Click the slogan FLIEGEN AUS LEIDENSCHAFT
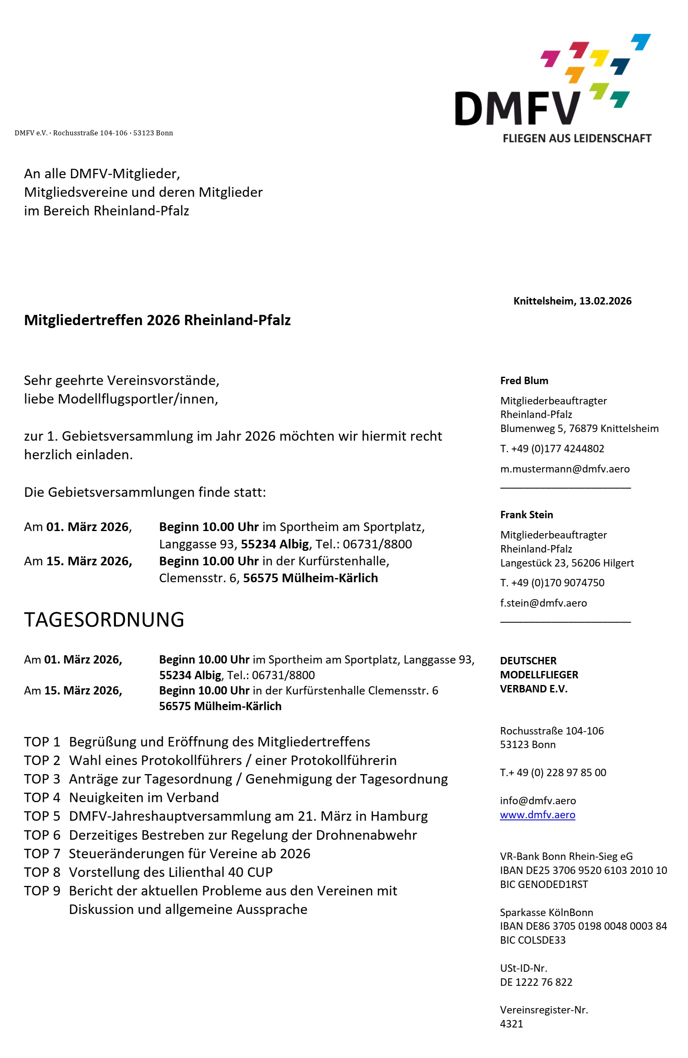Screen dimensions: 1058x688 click(x=577, y=138)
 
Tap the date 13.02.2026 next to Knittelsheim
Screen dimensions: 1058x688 click(x=605, y=301)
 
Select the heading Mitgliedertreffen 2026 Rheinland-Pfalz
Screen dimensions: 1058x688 click(x=157, y=320)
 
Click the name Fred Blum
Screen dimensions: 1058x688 click(x=524, y=380)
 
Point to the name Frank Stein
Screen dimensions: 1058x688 click(x=526, y=515)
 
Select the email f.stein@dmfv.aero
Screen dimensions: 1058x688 click(x=543, y=603)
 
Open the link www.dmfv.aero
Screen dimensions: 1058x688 click(x=537, y=815)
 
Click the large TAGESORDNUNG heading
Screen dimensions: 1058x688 click(x=104, y=619)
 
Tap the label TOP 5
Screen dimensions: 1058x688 click(x=42, y=816)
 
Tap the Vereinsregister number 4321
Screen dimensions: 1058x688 click(x=511, y=1023)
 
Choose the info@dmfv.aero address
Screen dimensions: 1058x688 click(x=537, y=801)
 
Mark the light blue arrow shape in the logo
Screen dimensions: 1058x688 click(x=641, y=41)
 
